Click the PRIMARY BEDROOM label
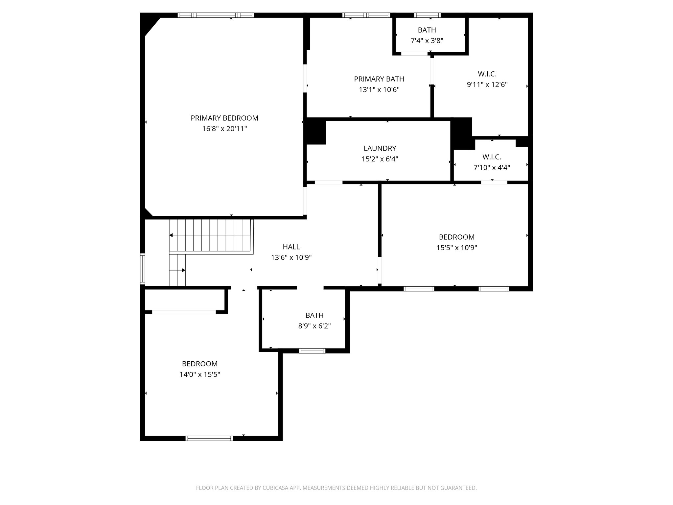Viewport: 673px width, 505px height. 224,118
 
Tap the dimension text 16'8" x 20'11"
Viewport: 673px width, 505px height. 224,129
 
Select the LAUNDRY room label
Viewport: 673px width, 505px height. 380,148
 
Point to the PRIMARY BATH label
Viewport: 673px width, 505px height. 379,79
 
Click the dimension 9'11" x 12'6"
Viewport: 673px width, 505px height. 487,85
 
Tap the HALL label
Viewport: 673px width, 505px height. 291,247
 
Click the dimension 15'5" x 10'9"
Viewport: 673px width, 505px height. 456,248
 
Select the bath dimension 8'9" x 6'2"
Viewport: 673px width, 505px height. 314,326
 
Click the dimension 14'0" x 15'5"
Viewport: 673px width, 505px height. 199,374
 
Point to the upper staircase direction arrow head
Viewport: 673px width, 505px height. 171,235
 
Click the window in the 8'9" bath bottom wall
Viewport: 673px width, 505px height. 312,351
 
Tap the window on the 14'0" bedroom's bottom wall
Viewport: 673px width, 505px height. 209,438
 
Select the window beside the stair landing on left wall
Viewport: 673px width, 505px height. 143,269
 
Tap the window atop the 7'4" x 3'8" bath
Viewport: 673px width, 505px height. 427,15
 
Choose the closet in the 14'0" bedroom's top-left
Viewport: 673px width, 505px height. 184,300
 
